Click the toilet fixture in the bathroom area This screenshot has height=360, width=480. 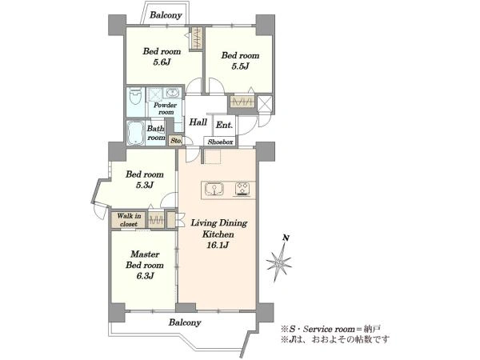pos(135,96)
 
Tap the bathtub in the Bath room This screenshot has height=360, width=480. pos(135,133)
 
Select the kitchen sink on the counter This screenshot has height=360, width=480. pos(214,189)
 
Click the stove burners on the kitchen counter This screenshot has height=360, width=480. pos(242,189)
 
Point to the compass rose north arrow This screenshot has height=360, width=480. pos(279,259)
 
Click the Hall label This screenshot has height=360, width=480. pos(198,122)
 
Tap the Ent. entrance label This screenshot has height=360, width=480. pos(224,125)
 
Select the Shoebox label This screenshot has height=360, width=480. pos(220,142)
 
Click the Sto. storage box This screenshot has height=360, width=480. pos(176,141)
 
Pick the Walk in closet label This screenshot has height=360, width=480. pos(129,220)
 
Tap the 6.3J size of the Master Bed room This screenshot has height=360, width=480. pos(145,276)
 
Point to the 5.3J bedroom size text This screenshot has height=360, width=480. pos(145,185)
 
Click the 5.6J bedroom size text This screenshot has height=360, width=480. pos(162,62)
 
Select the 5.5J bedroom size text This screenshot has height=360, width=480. pos(240,66)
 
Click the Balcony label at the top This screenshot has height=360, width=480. pos(166,15)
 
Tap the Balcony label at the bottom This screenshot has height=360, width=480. pos(185,322)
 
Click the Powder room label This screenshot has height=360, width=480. pos(166,109)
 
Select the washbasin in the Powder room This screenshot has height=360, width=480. pos(173,92)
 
